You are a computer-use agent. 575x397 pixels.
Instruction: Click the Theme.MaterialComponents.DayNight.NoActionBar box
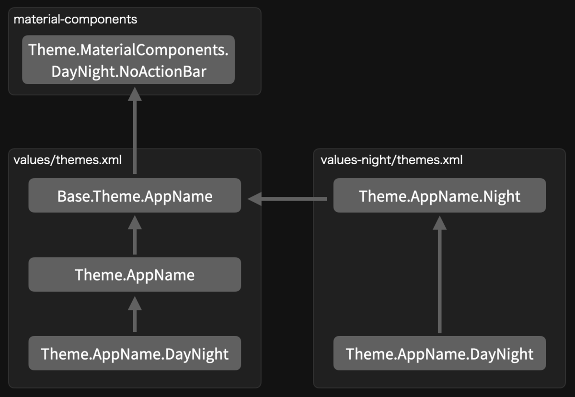128,60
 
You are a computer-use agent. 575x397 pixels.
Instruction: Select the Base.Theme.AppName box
135,195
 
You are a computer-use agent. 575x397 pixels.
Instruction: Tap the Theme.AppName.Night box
439,195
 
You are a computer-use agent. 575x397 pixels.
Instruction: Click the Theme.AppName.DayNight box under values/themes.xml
135,353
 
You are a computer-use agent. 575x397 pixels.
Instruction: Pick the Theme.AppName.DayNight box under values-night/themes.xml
439,353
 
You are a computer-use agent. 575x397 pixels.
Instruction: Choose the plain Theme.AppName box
135,274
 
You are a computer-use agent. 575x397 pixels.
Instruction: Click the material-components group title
75,20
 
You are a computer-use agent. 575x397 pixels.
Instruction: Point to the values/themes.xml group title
68,160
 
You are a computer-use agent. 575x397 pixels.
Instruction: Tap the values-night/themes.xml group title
391,160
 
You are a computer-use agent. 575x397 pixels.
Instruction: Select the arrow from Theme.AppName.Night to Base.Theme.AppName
287,199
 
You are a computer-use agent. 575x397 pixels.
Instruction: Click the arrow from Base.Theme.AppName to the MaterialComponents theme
135,131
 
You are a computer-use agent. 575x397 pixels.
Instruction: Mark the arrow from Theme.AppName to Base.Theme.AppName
135,235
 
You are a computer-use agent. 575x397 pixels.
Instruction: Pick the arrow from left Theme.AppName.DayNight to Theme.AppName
135,314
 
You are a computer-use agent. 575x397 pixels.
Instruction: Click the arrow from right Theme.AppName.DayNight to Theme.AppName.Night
439,274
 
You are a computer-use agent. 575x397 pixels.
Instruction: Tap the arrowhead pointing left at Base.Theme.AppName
254,199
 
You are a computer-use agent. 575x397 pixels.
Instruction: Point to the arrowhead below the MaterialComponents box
135,94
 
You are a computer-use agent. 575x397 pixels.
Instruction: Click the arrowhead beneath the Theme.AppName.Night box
439,223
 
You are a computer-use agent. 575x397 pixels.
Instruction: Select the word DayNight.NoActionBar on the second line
129,72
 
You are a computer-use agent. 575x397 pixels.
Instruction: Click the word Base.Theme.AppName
135,196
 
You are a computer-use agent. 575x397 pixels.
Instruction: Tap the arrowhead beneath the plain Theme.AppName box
135,304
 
